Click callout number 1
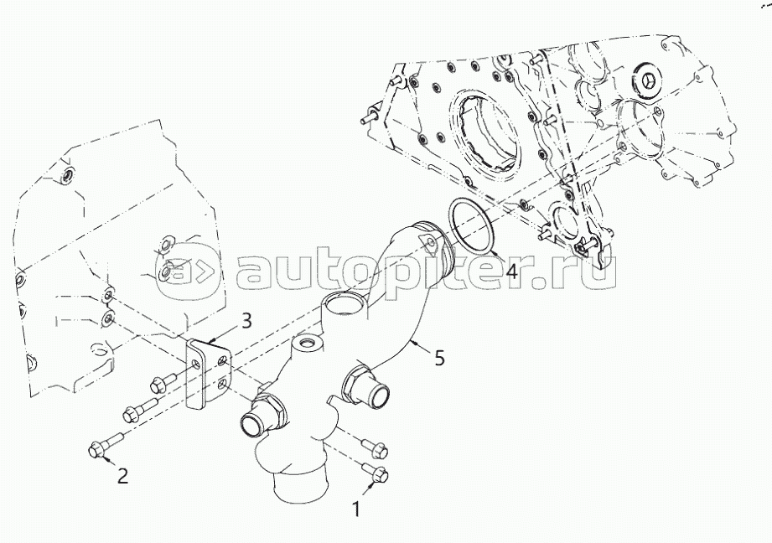(358, 507)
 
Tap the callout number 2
(122, 476)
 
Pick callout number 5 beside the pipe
(438, 358)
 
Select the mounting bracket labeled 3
(207, 374)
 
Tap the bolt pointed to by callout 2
(104, 448)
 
